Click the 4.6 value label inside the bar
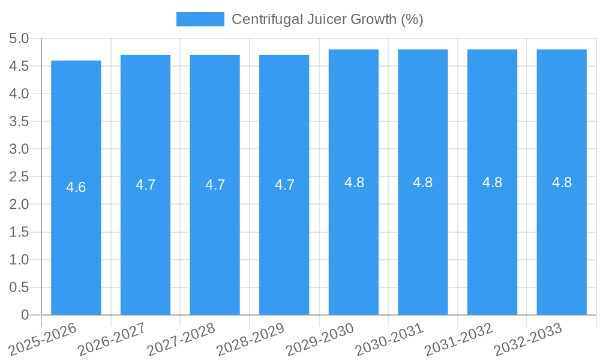(x=76, y=187)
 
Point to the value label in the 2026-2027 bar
(x=146, y=185)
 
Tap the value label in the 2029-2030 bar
(x=354, y=182)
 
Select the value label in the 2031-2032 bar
(x=493, y=182)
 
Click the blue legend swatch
(x=200, y=19)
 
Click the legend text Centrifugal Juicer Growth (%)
(x=328, y=19)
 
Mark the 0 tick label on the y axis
(x=25, y=315)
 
